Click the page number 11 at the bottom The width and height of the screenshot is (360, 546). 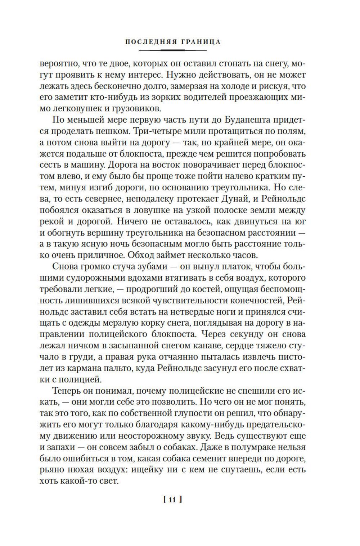(x=172, y=499)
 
